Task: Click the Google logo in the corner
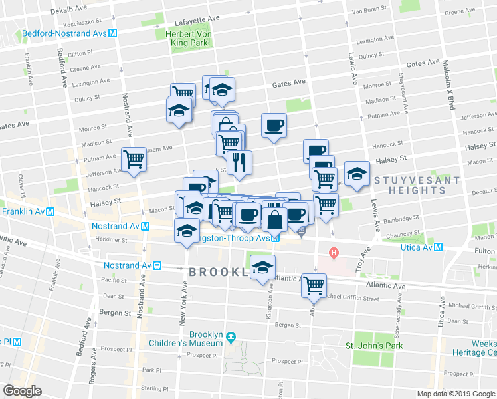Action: (x=22, y=390)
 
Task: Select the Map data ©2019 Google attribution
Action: (x=455, y=394)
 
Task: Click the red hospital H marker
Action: (x=335, y=253)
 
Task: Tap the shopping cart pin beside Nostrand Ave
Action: (x=134, y=159)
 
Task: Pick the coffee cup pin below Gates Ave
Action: (x=274, y=125)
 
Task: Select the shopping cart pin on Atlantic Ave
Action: (x=313, y=285)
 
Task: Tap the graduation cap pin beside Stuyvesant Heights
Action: (x=357, y=174)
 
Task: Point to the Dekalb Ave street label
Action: (x=69, y=10)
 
